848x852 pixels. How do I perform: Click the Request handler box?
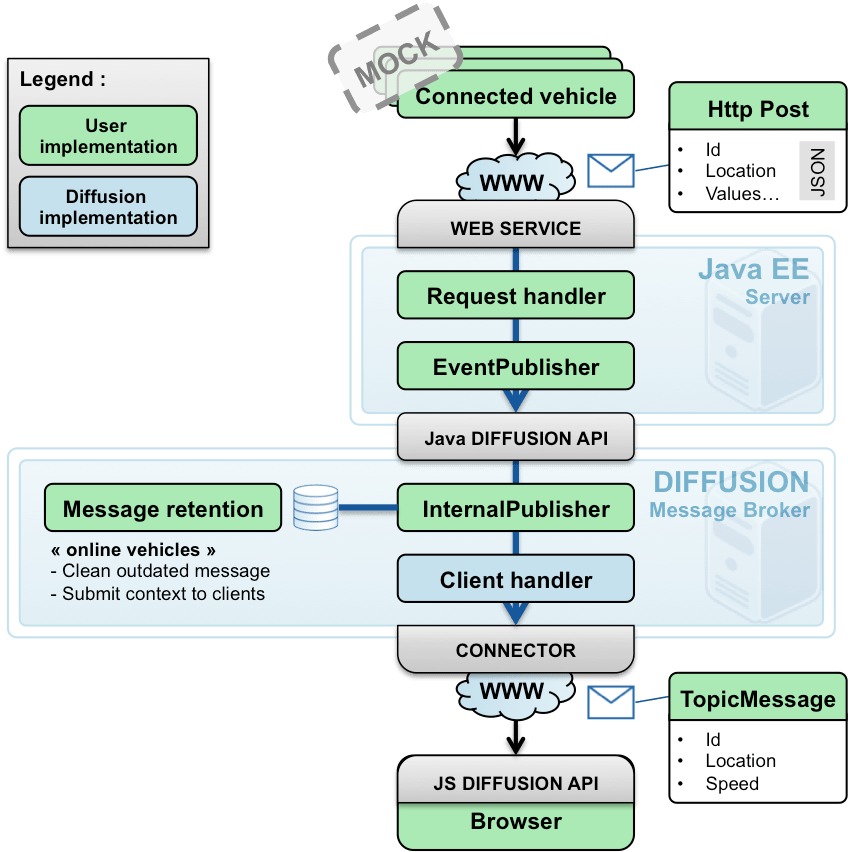[516, 296]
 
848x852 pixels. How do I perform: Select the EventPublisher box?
[516, 367]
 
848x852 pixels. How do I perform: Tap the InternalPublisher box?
[516, 509]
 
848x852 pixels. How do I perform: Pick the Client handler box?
[516, 580]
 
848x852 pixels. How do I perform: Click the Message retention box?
[163, 509]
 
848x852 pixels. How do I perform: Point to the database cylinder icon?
[315, 508]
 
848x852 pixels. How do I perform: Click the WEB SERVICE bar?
[516, 227]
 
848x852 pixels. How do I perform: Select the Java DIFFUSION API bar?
[516, 438]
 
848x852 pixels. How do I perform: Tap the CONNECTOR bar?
[516, 651]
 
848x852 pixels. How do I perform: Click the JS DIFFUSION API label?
[516, 784]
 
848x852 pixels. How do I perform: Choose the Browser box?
[516, 822]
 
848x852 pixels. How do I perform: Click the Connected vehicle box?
[516, 97]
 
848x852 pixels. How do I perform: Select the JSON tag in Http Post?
[816, 170]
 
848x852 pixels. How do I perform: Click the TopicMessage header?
[757, 699]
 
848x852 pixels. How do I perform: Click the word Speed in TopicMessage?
[732, 783]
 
